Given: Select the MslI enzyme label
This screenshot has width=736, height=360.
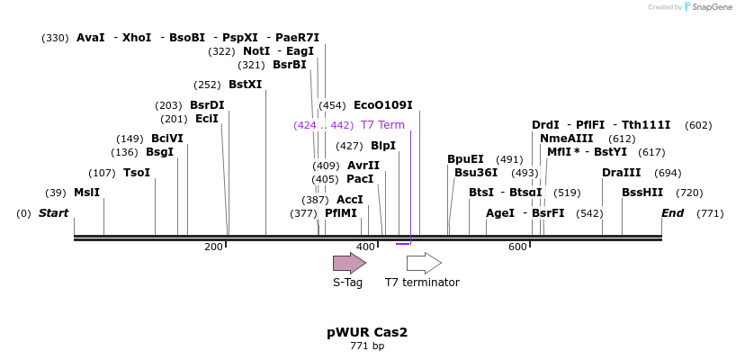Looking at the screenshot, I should point(86,193).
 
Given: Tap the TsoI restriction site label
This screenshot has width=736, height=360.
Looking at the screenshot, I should point(137,173).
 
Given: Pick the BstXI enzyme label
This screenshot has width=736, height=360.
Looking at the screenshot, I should point(245,85).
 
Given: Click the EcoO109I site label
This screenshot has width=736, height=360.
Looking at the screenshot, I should point(383,105).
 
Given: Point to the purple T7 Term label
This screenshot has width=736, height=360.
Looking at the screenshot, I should point(382,125).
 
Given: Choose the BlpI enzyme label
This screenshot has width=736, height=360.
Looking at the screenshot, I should point(383,146).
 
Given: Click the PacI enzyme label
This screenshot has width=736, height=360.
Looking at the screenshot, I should point(360,179).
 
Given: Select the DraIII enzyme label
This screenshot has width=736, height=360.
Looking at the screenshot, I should point(622,173).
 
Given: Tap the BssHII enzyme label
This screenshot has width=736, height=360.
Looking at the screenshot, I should point(642,193).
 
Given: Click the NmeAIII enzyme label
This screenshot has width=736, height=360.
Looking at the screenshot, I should point(567,139).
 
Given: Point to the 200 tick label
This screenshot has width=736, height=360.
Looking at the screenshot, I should point(213,247).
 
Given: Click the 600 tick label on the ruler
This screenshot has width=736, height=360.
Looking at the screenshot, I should point(517,247).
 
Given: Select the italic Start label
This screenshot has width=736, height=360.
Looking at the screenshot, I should point(53,213).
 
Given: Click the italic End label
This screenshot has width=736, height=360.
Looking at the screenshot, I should point(672,213).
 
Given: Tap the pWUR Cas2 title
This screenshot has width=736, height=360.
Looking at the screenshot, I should point(367,332).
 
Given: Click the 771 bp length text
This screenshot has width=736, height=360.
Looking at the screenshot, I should point(367,346).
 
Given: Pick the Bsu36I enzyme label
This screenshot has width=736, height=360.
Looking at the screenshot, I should point(476,173).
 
